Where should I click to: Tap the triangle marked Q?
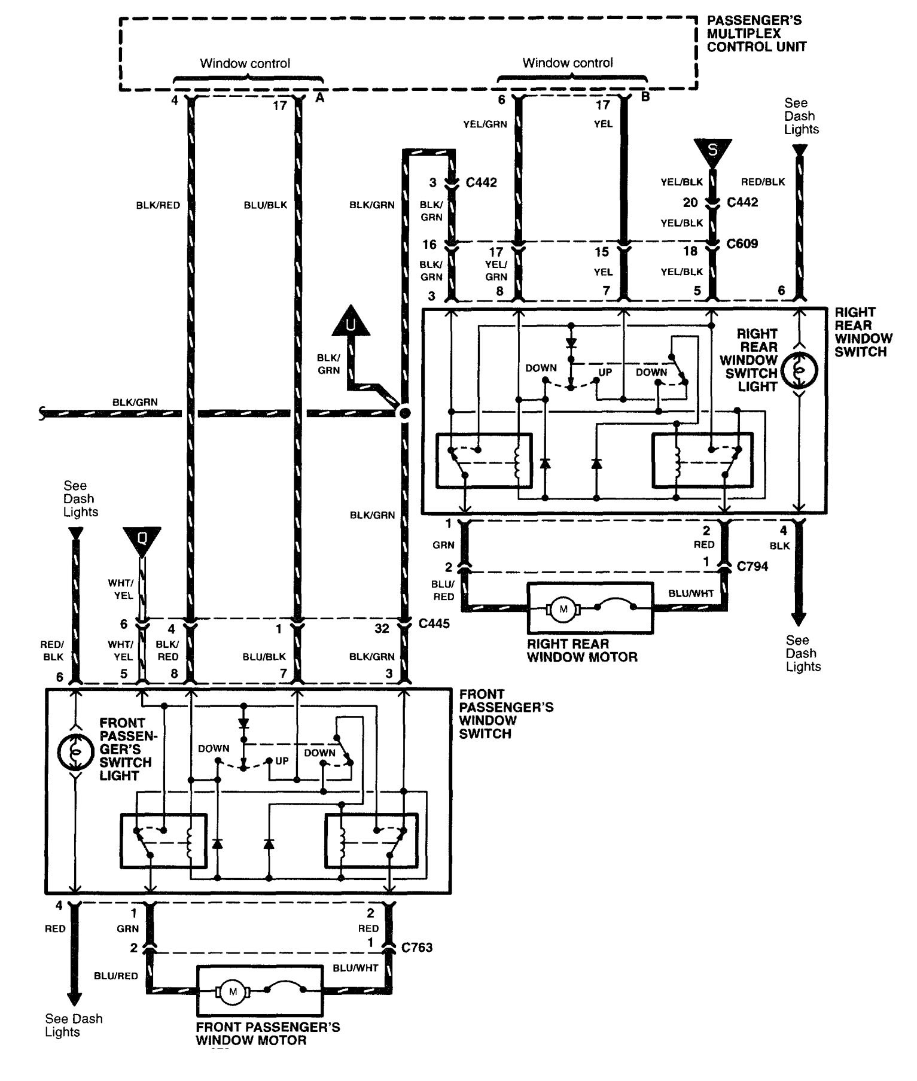click(x=142, y=538)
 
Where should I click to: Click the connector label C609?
click(x=742, y=243)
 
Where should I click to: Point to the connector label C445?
click(x=434, y=624)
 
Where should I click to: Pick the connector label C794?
click(x=752, y=566)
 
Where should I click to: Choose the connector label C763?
click(x=417, y=948)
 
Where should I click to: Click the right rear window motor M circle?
click(x=562, y=609)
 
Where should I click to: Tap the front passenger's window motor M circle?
click(x=232, y=992)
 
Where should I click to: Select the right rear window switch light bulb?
click(x=800, y=371)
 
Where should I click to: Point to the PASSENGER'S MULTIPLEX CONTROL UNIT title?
click(x=755, y=34)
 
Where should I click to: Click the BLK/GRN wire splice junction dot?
click(x=405, y=413)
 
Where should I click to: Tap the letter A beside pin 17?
click(x=320, y=98)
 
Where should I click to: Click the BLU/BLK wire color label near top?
click(x=265, y=205)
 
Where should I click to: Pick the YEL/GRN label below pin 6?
click(x=485, y=124)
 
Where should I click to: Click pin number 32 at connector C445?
click(x=382, y=628)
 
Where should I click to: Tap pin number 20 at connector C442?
click(x=690, y=202)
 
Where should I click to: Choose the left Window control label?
click(x=245, y=63)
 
